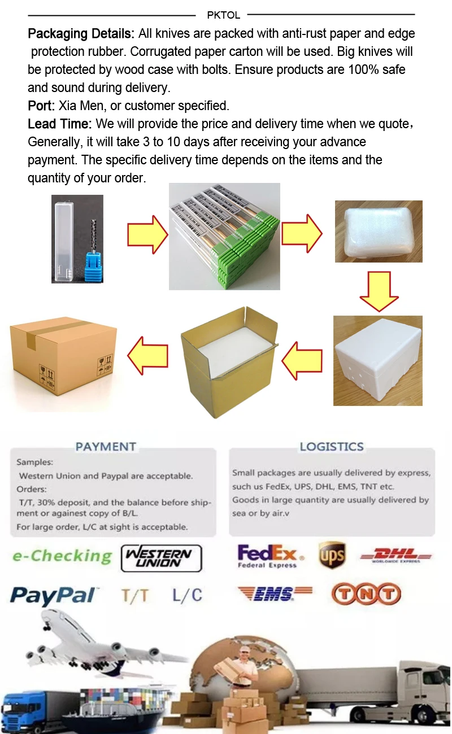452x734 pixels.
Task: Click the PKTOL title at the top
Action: (223, 15)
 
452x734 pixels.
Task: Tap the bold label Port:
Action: (41, 106)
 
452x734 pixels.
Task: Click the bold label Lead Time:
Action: (60, 124)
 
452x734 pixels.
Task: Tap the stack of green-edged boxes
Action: (225, 237)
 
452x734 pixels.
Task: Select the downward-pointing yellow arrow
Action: (379, 291)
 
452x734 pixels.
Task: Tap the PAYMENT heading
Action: (106, 447)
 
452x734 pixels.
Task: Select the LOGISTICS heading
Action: (332, 447)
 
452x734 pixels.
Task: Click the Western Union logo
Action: (162, 558)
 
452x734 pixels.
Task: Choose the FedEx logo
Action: (267, 556)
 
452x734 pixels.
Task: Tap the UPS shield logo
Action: (332, 555)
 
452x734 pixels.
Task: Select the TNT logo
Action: (366, 594)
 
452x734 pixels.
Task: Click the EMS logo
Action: (275, 594)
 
